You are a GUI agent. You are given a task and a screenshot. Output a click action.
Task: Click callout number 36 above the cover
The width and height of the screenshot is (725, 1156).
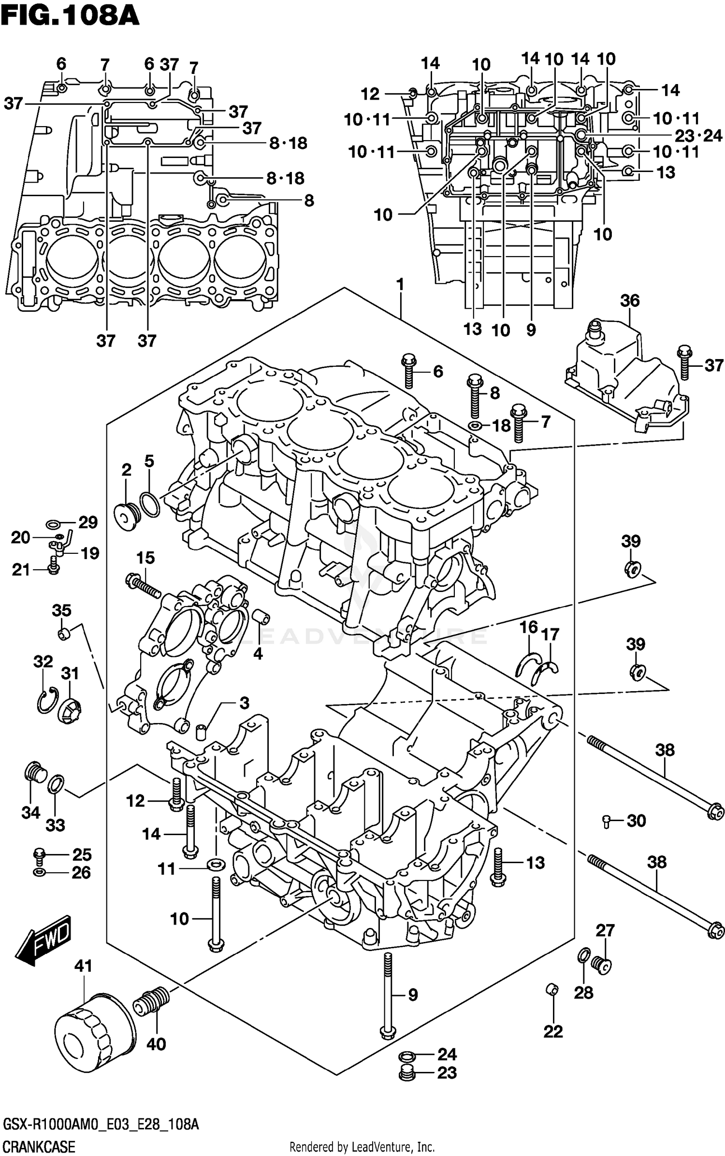coord(630,301)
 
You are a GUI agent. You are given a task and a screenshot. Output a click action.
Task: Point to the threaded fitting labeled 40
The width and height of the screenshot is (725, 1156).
coord(153,1003)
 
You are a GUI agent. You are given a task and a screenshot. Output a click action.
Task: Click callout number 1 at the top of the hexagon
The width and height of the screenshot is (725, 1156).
coord(400,285)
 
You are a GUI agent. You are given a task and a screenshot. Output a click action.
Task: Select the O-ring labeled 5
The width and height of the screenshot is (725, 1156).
coord(149,505)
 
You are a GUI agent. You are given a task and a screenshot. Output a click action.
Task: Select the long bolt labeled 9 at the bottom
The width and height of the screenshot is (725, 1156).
coord(388,996)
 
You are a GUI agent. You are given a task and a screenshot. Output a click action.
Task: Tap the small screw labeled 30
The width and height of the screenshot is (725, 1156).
coord(607,821)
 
